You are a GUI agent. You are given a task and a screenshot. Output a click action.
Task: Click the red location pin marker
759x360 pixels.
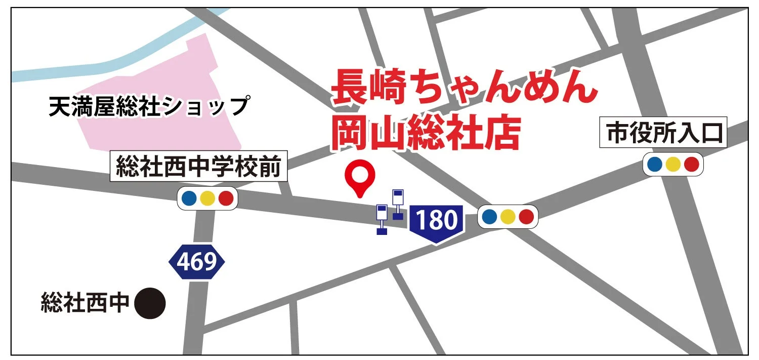tap(360, 175)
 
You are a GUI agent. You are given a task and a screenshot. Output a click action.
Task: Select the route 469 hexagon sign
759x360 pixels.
tap(196, 261)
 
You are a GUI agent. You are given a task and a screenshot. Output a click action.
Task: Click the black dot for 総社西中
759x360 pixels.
tap(151, 304)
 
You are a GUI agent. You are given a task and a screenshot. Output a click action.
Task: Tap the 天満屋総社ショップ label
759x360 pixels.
tap(150, 107)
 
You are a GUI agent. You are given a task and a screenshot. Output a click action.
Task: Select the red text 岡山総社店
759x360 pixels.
tap(425, 133)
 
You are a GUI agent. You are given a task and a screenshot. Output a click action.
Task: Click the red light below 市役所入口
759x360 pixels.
tap(691, 164)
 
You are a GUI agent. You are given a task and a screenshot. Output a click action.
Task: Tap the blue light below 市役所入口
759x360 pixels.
tap(654, 164)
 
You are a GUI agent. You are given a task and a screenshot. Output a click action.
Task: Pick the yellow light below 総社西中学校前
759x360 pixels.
tap(207, 198)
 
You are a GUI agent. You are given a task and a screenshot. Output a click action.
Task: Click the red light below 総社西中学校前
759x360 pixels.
tap(226, 198)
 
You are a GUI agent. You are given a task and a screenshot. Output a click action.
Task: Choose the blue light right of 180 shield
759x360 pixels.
tap(489, 217)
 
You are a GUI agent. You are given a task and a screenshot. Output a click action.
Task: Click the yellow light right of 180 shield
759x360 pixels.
tap(508, 217)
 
